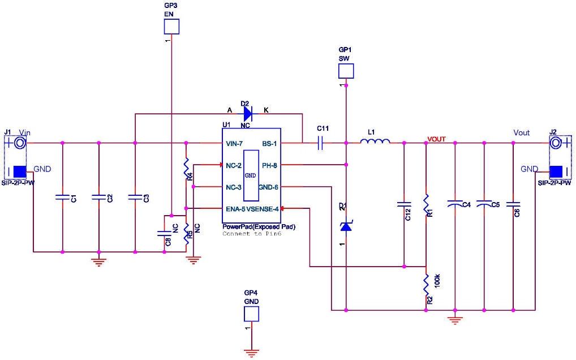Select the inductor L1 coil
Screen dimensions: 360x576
pos(375,142)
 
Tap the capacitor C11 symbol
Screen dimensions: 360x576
pos(320,143)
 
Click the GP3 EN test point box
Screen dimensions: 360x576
pos(171,27)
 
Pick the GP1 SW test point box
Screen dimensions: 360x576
pos(346,71)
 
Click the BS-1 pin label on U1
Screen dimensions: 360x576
pos(269,143)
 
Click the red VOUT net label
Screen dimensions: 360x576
pos(436,139)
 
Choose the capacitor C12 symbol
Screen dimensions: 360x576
pos(404,203)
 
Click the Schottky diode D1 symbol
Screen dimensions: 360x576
pos(346,225)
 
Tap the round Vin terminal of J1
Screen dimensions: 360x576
pos(20,143)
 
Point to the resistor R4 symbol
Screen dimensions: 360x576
pos(186,168)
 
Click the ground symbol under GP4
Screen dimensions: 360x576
pos(251,353)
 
